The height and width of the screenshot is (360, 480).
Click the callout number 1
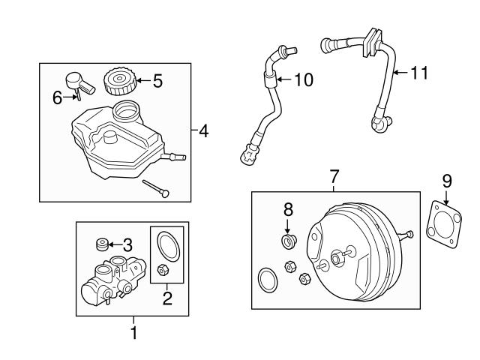point(134,331)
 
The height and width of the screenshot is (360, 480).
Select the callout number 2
point(167,298)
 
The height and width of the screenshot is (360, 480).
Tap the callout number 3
point(127,244)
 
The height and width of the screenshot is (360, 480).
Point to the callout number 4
point(204,132)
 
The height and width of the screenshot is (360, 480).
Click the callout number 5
point(157,80)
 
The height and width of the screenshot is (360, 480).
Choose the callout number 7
point(334,177)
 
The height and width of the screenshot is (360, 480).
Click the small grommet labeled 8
point(286,240)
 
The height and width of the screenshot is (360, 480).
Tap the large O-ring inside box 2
point(166,244)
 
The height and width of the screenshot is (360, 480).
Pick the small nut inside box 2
point(163,269)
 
